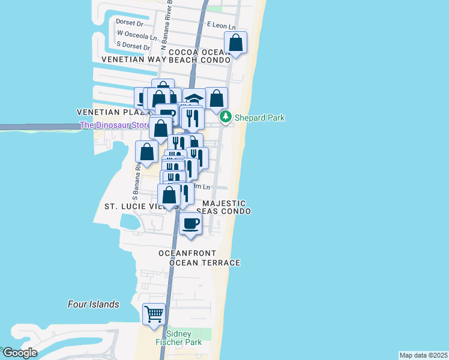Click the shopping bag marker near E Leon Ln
(x=235, y=43)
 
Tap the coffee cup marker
(x=191, y=224)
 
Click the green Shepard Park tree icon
(x=225, y=117)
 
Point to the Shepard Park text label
(x=259, y=118)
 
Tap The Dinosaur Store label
(x=114, y=125)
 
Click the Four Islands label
(x=93, y=304)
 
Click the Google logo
(x=19, y=353)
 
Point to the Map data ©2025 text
(x=423, y=355)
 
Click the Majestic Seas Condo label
(x=223, y=207)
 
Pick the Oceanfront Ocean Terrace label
(x=199, y=258)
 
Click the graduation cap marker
(x=194, y=98)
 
